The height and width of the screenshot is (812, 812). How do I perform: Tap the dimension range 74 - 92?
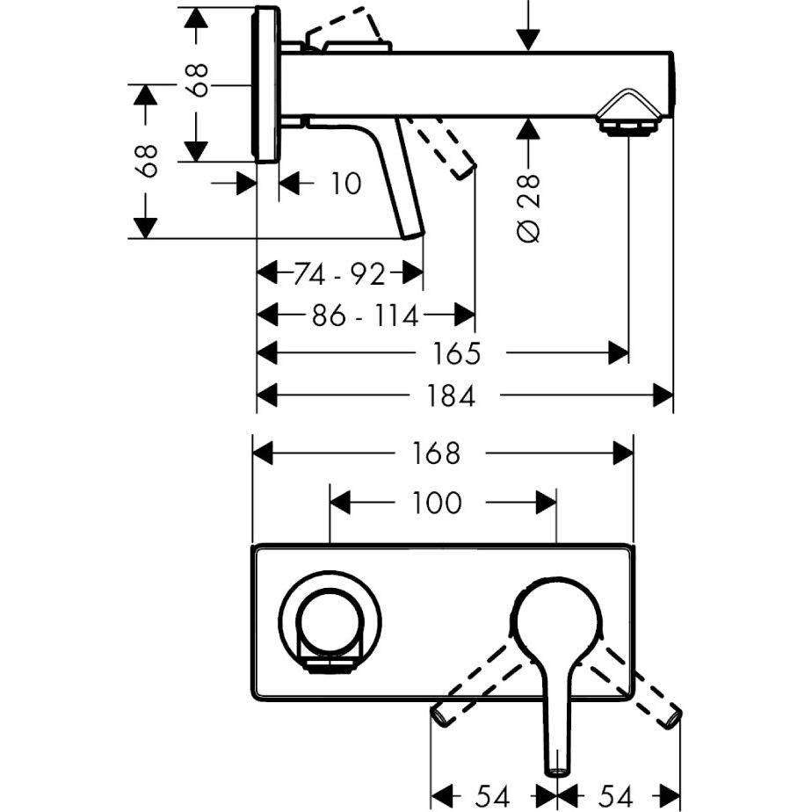click(x=338, y=275)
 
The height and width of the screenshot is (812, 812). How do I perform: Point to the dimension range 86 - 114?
click(x=365, y=315)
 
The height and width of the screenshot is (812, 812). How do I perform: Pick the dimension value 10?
click(x=345, y=184)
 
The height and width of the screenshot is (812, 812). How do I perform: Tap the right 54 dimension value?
click(x=614, y=796)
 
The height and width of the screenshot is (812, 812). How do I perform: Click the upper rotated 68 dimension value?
click(x=200, y=80)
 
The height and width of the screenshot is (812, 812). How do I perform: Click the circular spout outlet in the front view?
click(x=330, y=620)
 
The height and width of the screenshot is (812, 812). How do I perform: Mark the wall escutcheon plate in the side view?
click(x=266, y=84)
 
